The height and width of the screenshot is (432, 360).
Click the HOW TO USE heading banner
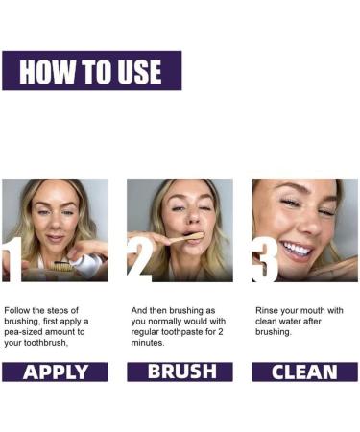[92, 71]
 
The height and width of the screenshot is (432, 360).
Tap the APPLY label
[55, 372]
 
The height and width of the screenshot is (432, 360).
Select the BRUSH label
[180, 372]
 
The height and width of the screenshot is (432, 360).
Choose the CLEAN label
[304, 372]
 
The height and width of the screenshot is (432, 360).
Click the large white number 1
[12, 260]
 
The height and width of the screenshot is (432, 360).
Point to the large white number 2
[139, 260]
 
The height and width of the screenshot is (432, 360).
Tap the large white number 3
[264, 260]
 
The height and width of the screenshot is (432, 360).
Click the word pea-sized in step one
[23, 332]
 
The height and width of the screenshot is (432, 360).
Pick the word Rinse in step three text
[265, 310]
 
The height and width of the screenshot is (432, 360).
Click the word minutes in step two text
[147, 343]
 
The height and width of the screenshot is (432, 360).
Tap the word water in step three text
[289, 322]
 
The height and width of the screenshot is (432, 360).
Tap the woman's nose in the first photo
[55, 223]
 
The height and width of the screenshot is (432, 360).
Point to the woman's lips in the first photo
[55, 238]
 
